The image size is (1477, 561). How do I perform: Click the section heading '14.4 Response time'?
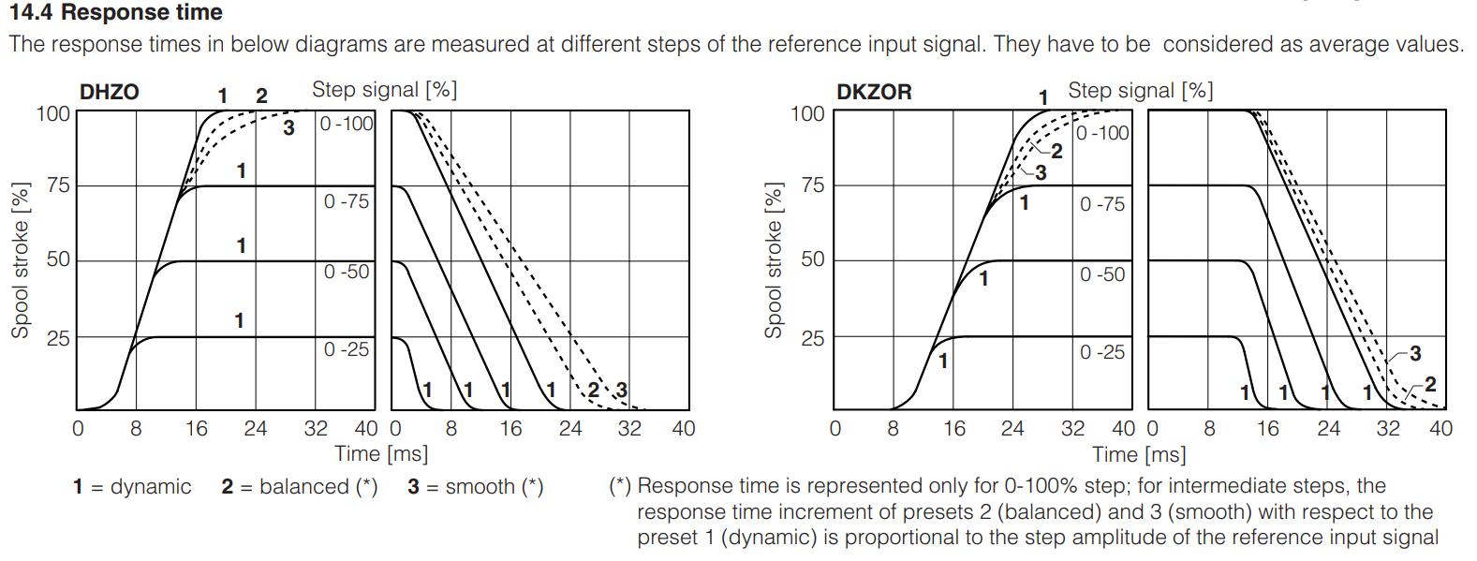point(116,13)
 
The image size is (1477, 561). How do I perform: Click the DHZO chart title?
point(110,92)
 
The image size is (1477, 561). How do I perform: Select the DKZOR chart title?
point(873,92)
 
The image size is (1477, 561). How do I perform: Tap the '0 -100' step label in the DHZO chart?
point(347,124)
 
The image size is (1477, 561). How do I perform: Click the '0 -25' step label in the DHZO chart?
point(347,349)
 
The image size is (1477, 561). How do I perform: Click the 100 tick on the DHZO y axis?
point(53,113)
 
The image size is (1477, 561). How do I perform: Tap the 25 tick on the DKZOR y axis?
point(813,338)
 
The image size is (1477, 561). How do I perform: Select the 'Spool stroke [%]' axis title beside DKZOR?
point(774,259)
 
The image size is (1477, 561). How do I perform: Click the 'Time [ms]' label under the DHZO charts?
point(381,454)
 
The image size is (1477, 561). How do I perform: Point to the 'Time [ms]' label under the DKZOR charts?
point(1139,455)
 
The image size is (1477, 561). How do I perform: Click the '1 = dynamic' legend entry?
point(132,487)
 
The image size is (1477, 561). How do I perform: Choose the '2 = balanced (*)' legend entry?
point(300,487)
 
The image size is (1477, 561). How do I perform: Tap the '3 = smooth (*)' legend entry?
point(476,487)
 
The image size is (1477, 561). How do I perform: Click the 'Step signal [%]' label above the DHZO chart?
point(384,90)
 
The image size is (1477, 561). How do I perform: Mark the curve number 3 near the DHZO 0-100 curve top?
point(289,128)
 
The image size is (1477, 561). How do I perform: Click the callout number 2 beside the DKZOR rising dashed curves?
point(1056,151)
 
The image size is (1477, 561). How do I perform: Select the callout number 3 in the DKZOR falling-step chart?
point(1414,353)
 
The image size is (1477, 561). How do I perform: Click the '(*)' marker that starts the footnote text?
point(620,486)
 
